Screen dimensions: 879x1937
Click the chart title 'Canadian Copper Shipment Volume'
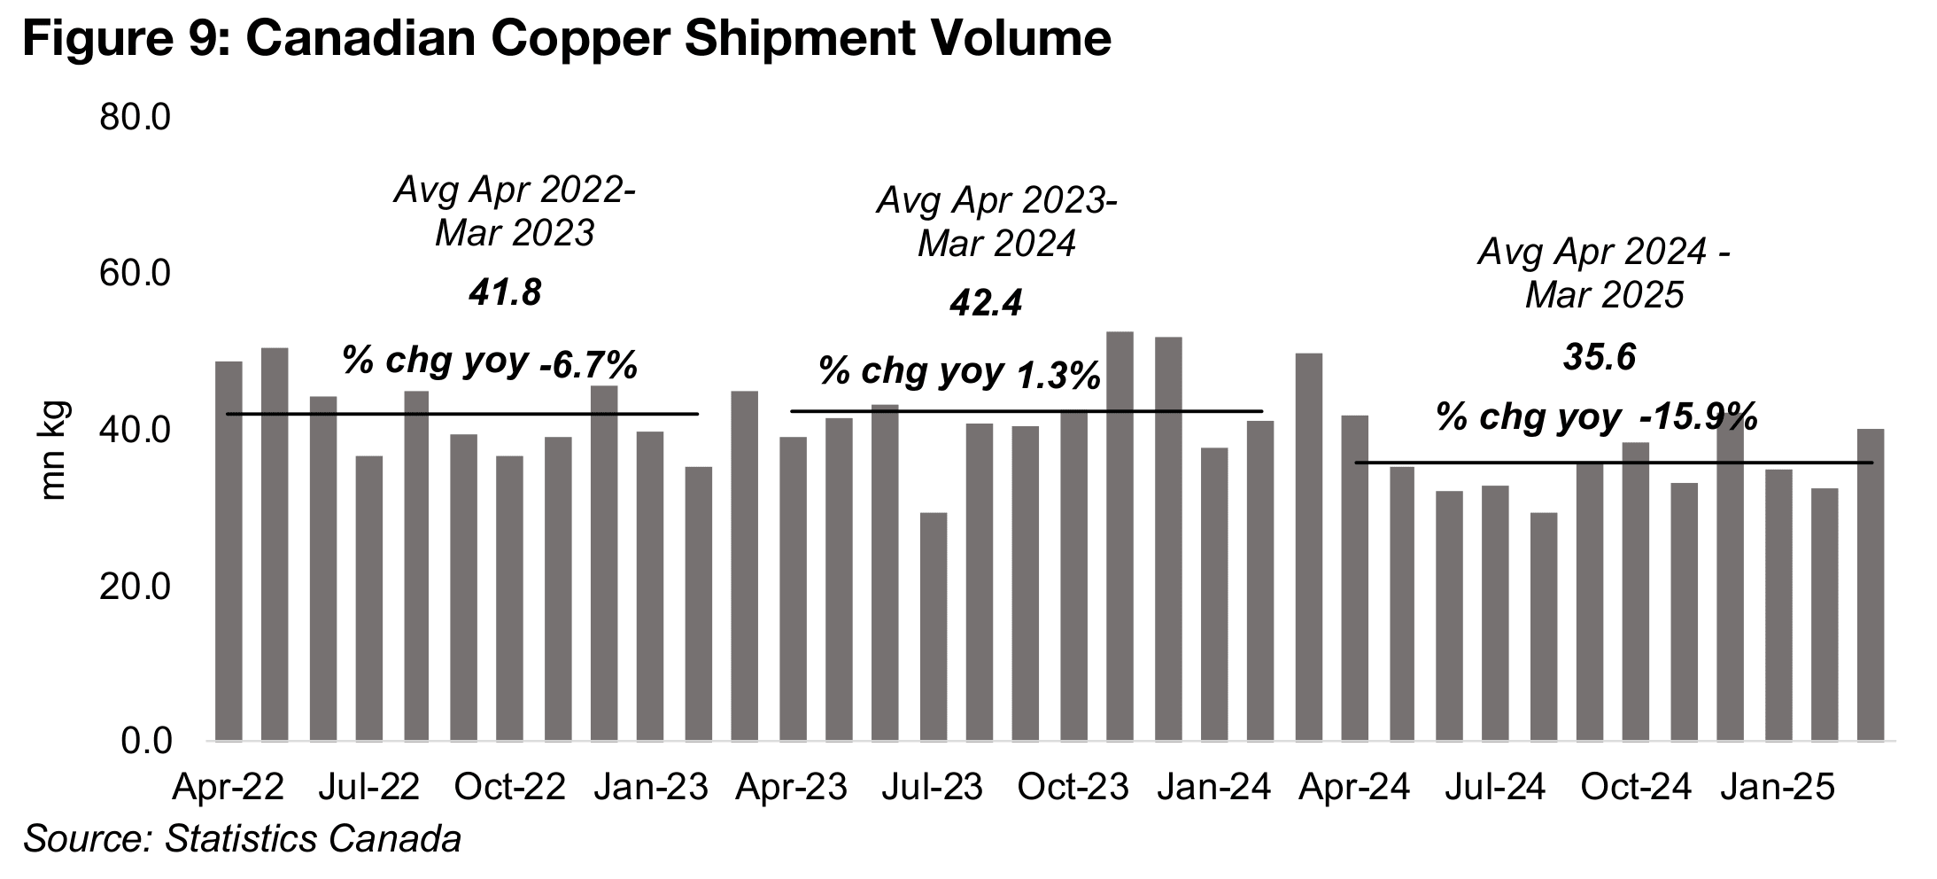tap(567, 39)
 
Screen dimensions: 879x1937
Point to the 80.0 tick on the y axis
tap(135, 118)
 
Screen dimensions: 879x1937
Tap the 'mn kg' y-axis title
tap(53, 451)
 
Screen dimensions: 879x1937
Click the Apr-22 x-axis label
tap(229, 787)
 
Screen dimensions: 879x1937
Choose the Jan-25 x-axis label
tap(1777, 787)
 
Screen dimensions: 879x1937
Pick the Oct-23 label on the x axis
tap(1073, 787)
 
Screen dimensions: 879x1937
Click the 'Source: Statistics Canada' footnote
tap(242, 839)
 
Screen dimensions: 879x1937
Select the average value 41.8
tap(505, 292)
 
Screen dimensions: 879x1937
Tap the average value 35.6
tap(1599, 357)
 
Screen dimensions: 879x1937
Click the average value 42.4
tap(985, 304)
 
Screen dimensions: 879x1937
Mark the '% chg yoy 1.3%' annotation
tap(959, 373)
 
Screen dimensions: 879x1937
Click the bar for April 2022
tap(229, 549)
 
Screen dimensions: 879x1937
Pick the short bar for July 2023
tap(934, 626)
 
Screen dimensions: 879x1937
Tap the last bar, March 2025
tap(1871, 585)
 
